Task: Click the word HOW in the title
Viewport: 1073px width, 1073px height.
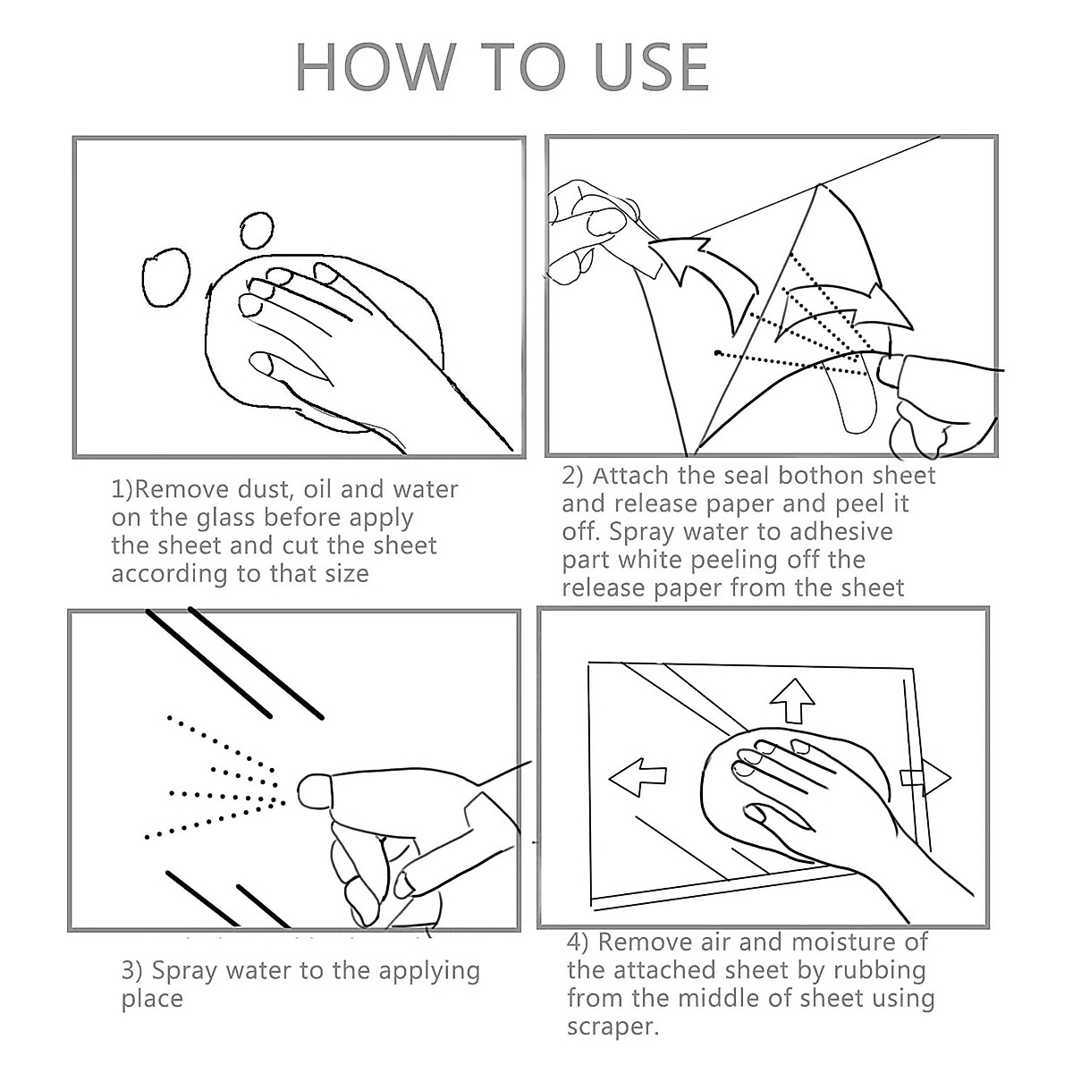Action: (x=376, y=67)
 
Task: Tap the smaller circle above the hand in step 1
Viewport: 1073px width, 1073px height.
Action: (x=257, y=230)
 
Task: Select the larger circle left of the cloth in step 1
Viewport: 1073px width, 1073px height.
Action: (x=166, y=276)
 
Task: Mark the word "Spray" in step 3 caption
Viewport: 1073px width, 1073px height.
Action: (x=184, y=972)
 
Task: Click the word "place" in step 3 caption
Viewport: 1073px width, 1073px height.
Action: (x=152, y=1000)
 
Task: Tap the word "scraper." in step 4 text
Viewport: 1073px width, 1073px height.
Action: (x=613, y=1027)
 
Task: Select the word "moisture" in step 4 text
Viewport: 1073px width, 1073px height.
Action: (x=838, y=942)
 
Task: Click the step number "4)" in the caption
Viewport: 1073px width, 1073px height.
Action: (x=578, y=942)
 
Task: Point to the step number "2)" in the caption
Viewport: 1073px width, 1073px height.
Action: (x=572, y=476)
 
